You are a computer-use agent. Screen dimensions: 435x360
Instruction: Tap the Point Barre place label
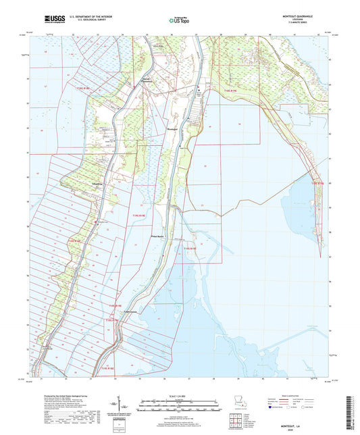[157, 236]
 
